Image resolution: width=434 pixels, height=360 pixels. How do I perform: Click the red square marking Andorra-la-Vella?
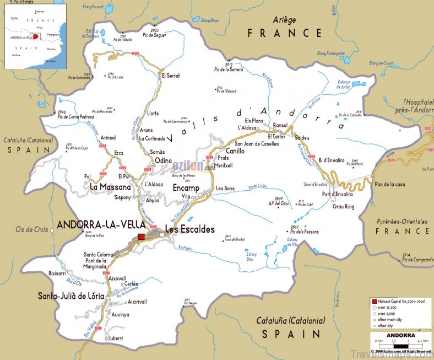(x=142, y=237)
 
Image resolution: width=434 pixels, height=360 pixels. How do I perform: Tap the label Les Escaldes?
(x=189, y=229)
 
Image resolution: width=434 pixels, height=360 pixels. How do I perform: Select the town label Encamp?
(x=186, y=187)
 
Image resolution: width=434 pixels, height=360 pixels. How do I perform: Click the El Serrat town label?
(x=170, y=75)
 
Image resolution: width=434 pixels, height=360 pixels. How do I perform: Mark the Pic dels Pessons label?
(x=304, y=232)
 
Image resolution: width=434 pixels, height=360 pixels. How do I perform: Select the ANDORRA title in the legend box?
(x=400, y=335)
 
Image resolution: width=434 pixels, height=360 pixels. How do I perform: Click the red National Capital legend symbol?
(x=375, y=302)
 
